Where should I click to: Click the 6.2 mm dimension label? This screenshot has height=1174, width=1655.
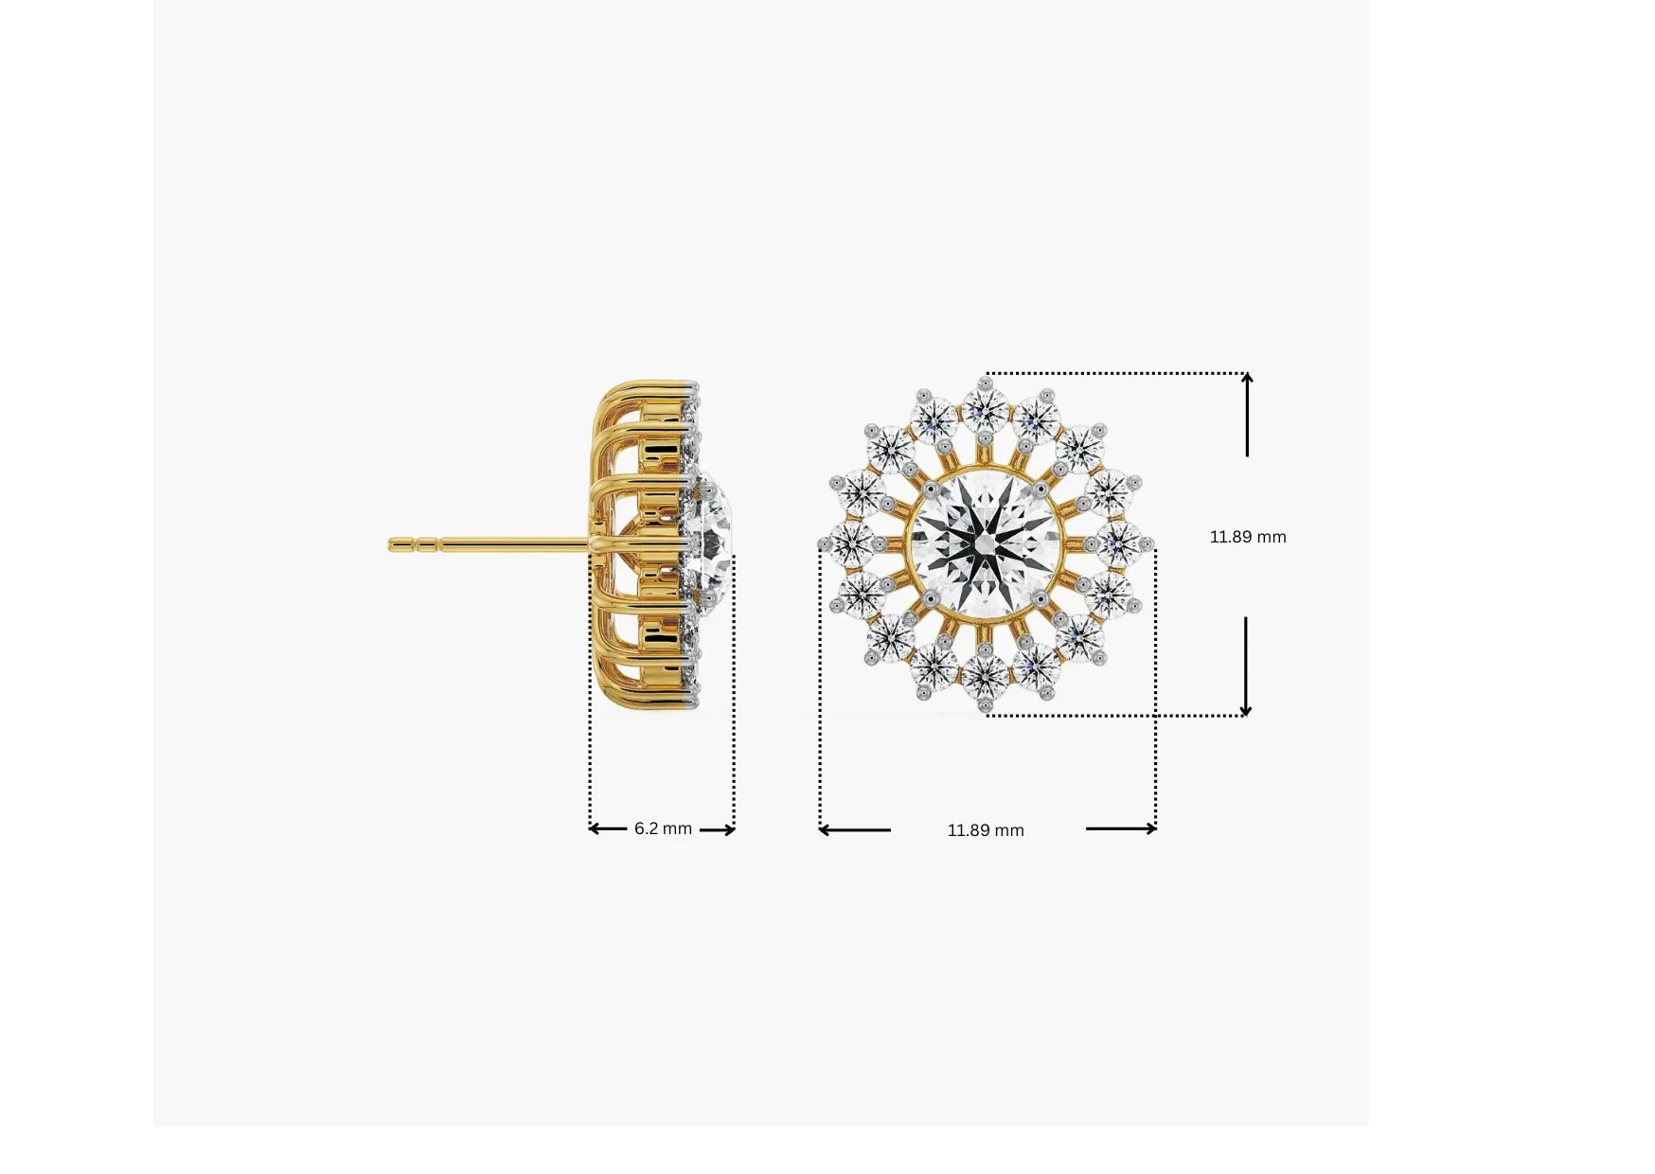pos(663,828)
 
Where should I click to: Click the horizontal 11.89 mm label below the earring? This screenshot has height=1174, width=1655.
pos(986,830)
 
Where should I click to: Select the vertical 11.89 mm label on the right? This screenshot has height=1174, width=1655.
pos(1248,537)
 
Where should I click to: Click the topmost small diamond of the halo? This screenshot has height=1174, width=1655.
pos(986,408)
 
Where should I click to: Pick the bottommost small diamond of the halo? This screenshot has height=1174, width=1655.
pos(986,674)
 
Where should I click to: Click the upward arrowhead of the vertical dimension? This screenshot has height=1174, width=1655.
pos(1247,379)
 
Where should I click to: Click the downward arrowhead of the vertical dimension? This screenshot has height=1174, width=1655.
pos(1246,710)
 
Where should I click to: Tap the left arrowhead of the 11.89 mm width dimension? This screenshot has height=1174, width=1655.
pos(825,830)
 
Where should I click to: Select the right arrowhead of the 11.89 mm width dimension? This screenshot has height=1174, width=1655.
pos(1150,829)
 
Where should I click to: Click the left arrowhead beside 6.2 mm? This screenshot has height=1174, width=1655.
pos(595,828)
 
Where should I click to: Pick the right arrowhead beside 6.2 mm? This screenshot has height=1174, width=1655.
pos(729,829)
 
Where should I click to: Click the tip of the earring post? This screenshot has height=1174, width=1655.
pos(392,544)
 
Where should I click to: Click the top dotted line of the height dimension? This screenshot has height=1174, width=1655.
pos(1117,373)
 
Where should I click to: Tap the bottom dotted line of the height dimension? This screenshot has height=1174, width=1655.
pos(1117,716)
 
